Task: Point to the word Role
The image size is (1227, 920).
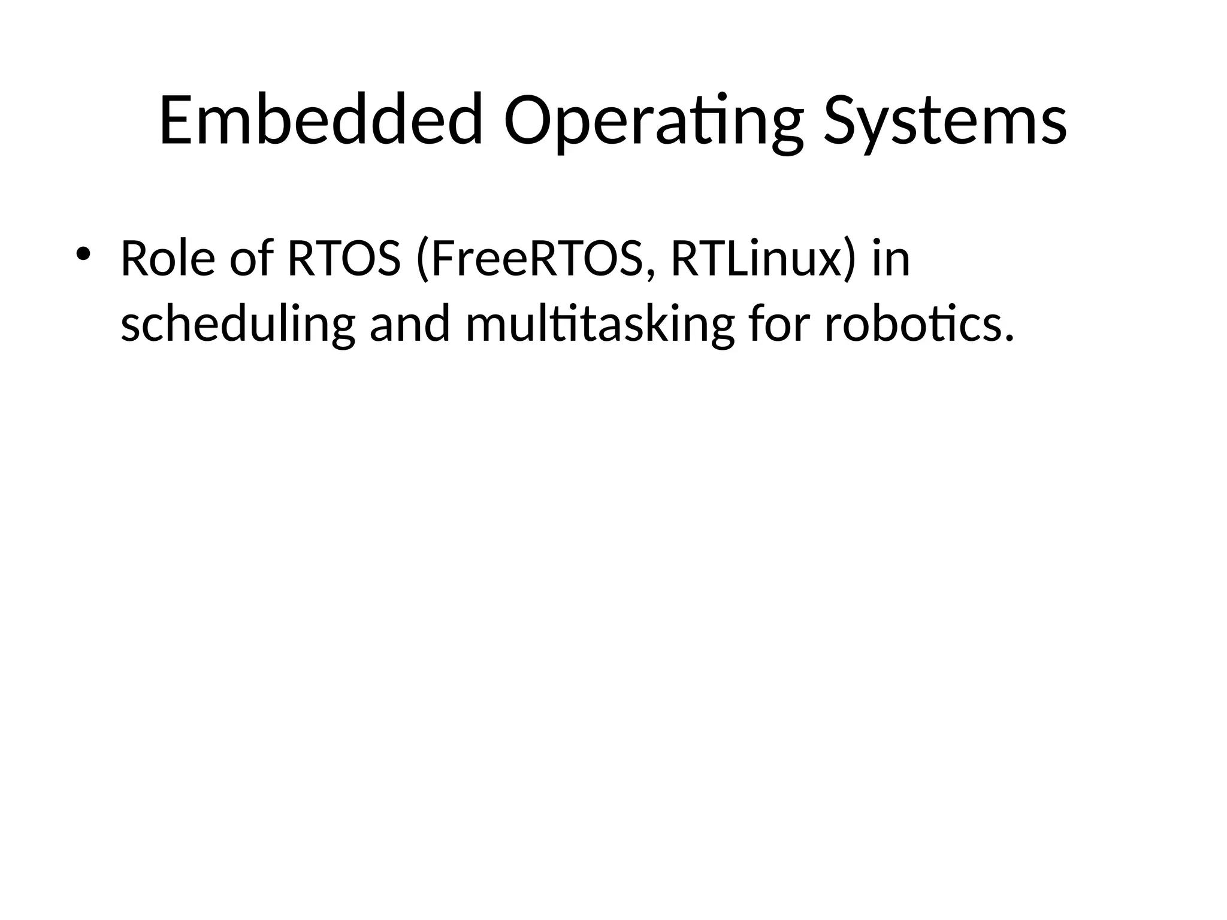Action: [168, 259]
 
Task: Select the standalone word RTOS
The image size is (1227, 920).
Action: [344, 259]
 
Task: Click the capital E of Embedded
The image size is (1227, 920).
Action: [177, 120]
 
